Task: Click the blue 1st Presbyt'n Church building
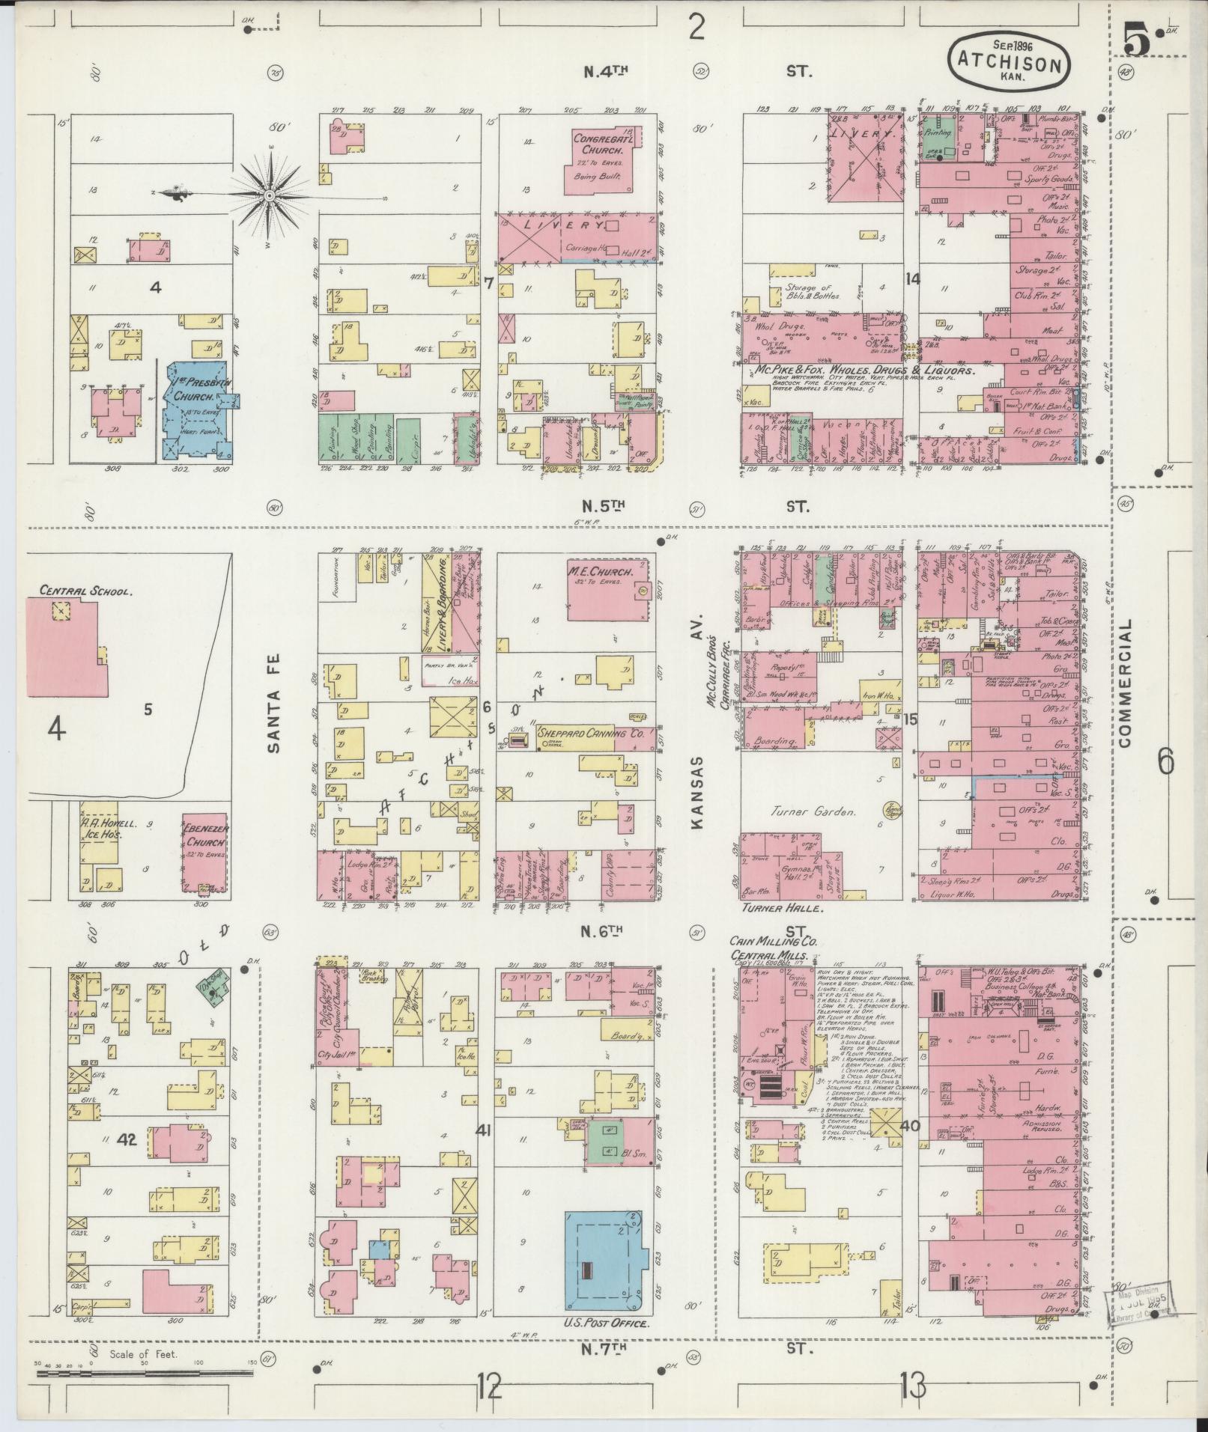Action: pos(196,408)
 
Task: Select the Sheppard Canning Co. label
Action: pos(592,735)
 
